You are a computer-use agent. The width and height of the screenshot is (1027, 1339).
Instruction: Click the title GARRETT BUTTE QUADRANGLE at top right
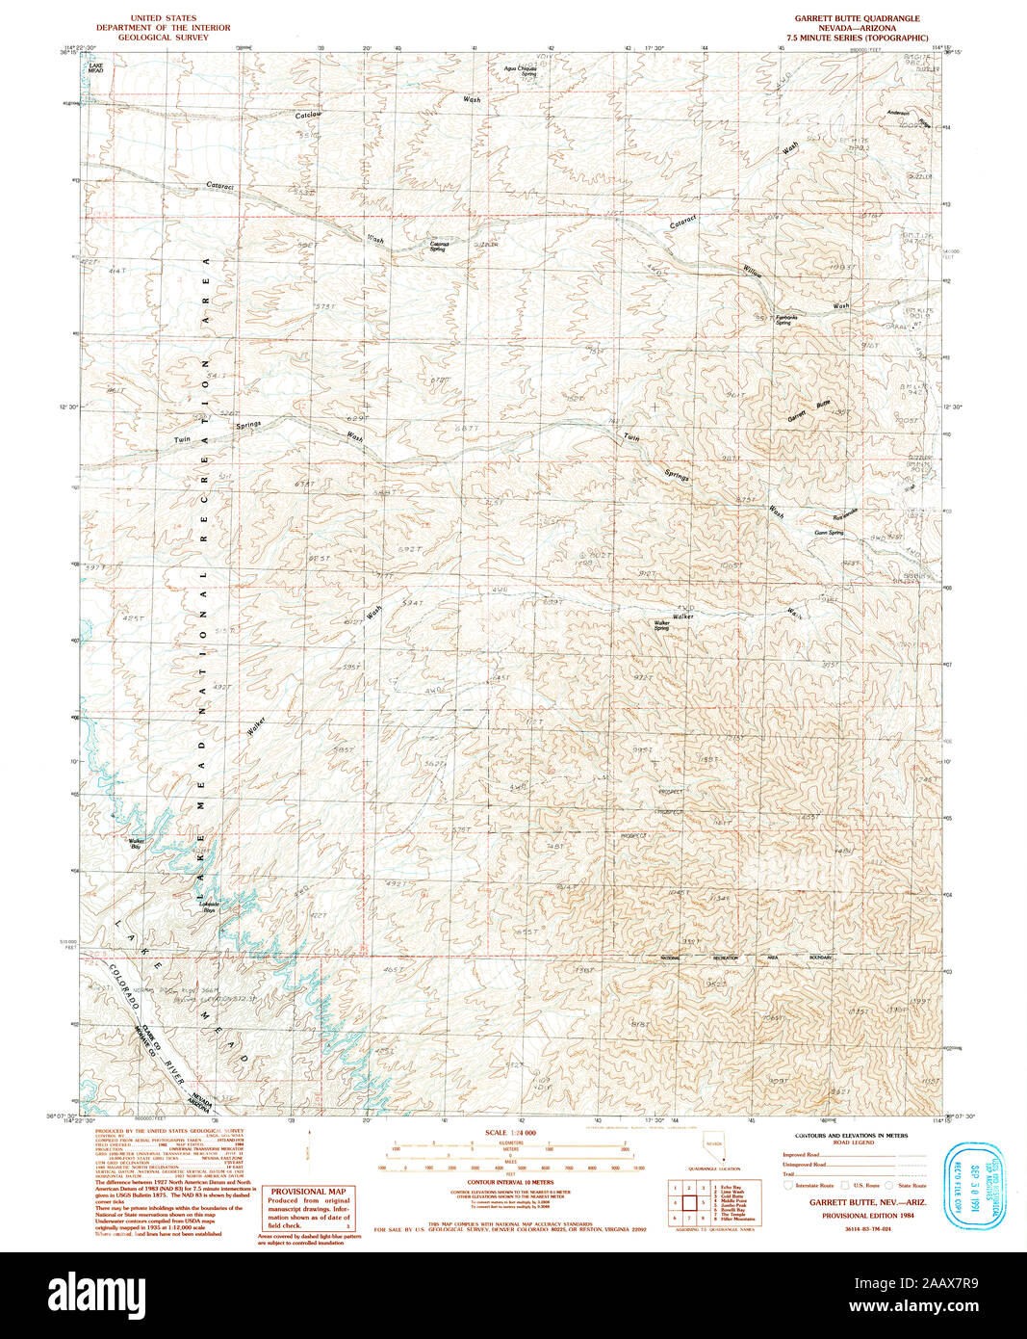[857, 18]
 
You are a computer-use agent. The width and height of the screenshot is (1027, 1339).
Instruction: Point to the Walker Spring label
[662, 626]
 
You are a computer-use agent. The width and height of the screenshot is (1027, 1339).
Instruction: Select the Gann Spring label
[829, 533]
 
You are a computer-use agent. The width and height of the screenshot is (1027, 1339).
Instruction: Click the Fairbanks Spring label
[783, 321]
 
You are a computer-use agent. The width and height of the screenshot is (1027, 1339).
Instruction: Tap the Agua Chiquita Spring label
[521, 71]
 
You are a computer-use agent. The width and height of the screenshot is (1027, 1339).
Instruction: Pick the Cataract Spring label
[439, 247]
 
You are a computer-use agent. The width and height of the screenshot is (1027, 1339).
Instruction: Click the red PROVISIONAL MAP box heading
[308, 1192]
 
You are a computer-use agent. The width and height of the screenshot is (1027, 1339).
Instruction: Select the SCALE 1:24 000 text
[510, 1133]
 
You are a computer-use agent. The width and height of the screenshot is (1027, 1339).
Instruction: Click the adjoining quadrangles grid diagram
[689, 1202]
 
